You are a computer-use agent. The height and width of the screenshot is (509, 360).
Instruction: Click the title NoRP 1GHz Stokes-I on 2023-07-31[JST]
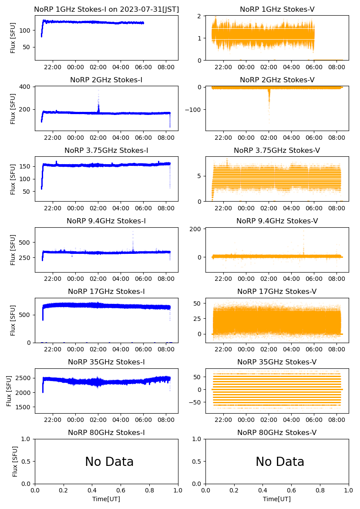tap(106, 9)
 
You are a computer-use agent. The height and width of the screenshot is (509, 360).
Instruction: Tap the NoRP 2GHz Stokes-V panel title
tap(277, 80)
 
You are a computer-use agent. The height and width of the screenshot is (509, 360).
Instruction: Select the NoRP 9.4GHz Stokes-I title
tap(106, 221)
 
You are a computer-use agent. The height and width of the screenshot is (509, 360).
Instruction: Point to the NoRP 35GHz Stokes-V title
tap(277, 362)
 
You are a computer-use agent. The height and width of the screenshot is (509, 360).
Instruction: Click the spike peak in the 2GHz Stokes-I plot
tap(98, 91)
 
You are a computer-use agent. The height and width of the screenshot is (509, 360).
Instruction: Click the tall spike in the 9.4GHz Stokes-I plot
tap(133, 232)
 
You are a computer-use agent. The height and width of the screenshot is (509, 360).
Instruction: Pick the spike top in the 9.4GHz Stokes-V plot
tap(303, 231)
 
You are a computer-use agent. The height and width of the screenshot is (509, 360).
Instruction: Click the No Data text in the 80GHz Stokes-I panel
tap(109, 462)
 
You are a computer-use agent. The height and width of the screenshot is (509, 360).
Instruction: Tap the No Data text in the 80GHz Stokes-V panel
tap(280, 462)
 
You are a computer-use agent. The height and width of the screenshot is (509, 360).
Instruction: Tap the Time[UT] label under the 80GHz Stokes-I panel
tap(106, 499)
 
